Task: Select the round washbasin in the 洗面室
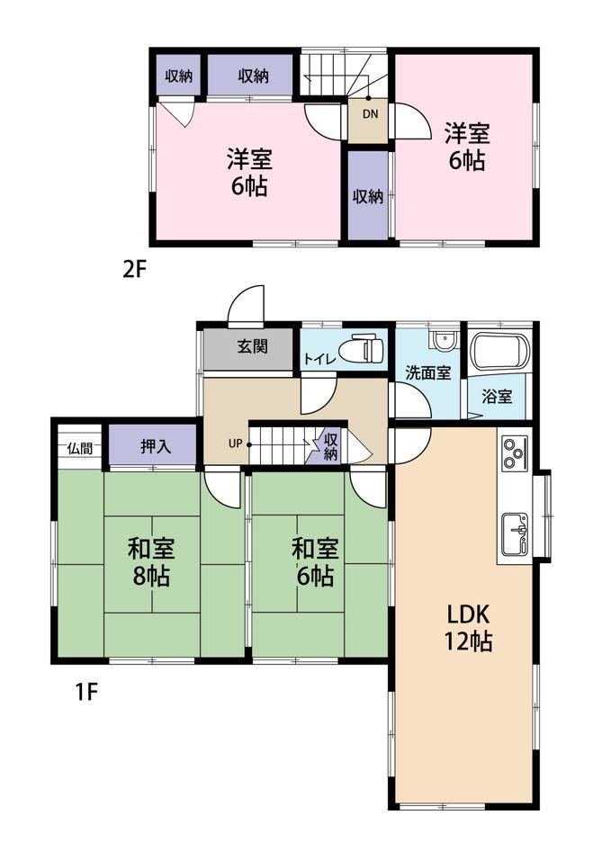point(444,340)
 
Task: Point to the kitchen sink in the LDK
point(515,534)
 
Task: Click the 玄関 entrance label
point(252,346)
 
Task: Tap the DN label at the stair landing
point(370,114)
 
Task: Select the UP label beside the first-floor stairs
point(236,444)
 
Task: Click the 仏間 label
point(79,448)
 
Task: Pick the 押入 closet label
point(156,446)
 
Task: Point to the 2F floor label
point(134,269)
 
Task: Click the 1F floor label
point(85,692)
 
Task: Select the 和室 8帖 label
point(151,563)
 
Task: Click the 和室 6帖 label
point(315,563)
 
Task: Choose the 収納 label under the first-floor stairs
point(330,447)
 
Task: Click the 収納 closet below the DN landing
point(367,195)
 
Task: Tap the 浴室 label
point(497,397)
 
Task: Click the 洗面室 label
point(427,372)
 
